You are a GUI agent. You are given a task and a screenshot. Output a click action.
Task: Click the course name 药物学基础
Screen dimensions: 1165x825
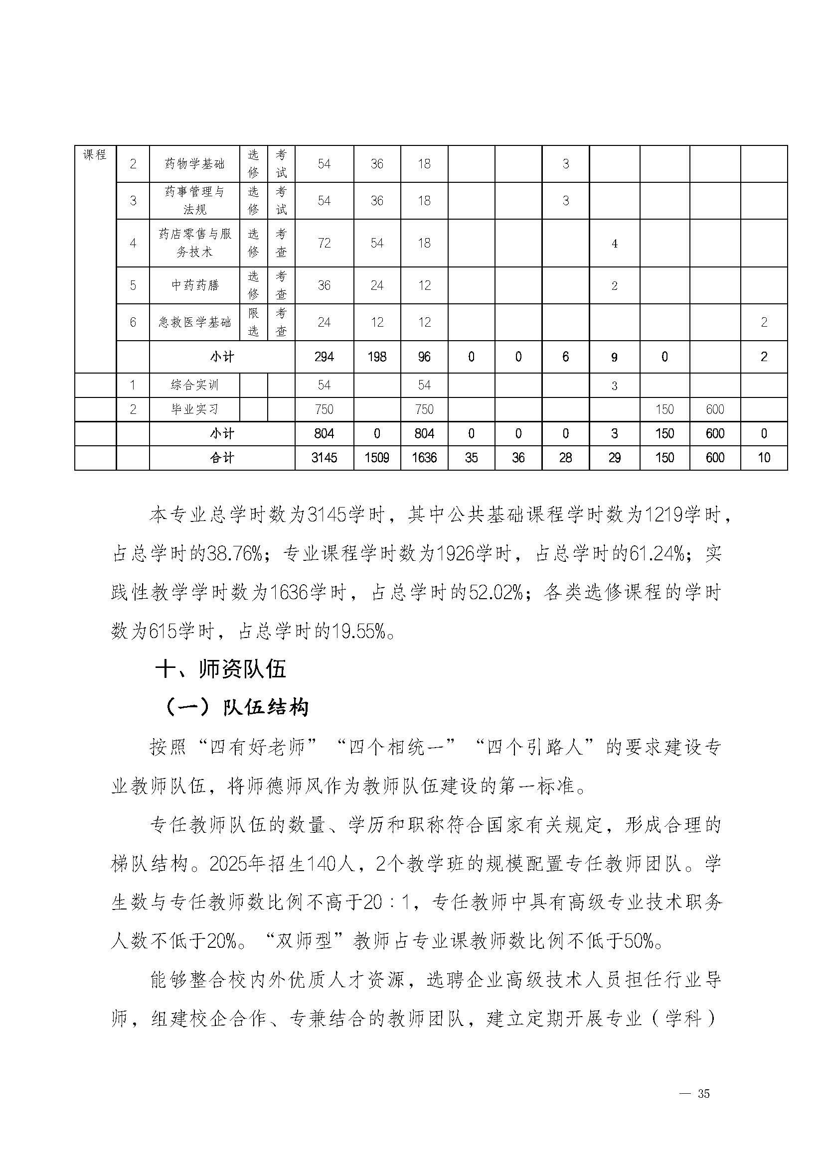click(194, 164)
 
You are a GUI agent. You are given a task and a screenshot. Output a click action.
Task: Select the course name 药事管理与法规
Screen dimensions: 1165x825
click(194, 201)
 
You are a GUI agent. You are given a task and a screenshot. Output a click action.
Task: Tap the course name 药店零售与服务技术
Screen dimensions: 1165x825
click(194, 243)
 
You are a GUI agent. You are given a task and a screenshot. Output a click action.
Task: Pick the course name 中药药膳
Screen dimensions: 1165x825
click(194, 285)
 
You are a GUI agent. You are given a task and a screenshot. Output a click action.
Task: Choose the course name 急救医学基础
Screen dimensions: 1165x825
click(194, 322)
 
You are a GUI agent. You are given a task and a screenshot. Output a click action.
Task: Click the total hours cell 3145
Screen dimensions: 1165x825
click(324, 458)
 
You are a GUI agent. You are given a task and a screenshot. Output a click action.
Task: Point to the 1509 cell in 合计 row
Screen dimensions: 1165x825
click(376, 458)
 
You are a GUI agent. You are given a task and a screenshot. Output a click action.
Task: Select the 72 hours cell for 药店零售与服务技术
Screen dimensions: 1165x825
click(324, 243)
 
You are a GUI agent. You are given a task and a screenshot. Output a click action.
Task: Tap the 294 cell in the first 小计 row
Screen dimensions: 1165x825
click(324, 357)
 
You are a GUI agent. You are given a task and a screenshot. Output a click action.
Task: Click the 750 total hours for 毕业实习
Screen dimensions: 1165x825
click(324, 409)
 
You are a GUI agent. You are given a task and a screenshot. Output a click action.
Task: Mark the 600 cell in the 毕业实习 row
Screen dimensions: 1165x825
click(715, 409)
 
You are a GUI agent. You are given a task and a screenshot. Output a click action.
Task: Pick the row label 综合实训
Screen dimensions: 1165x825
click(194, 386)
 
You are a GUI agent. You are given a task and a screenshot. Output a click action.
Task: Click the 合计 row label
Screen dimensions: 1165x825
click(222, 458)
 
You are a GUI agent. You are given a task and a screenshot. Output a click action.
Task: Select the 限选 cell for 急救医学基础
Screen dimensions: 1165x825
click(253, 322)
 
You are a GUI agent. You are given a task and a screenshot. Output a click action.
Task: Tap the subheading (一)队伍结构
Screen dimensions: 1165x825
click(237, 707)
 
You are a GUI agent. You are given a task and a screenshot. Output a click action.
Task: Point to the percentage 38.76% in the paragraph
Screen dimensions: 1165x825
click(234, 554)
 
